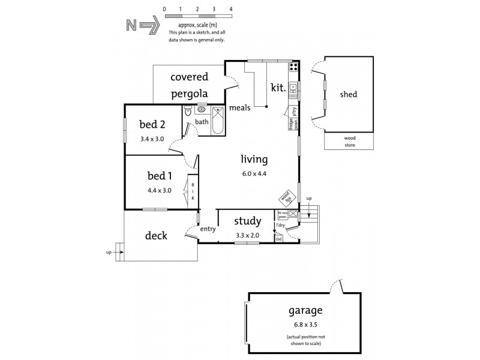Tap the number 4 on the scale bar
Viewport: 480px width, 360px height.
[231, 10]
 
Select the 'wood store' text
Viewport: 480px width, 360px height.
[349, 141]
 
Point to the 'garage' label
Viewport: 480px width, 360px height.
[305, 311]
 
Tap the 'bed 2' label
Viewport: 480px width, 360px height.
[152, 125]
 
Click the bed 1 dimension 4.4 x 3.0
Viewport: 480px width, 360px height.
[160, 190]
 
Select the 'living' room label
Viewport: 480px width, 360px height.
[254, 160]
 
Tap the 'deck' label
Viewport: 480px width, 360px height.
[156, 236]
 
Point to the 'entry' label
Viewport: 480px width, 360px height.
[208, 229]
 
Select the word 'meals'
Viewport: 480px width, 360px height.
[240, 108]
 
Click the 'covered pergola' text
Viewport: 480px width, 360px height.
[189, 85]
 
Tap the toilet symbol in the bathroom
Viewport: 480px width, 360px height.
[187, 112]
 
